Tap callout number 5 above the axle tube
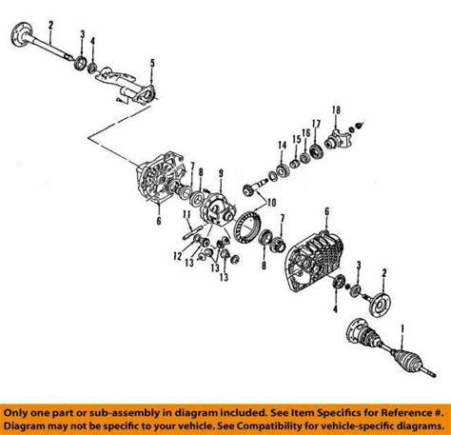[x=152, y=63]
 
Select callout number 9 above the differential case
[x=221, y=173]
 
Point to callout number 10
[x=271, y=202]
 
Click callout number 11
[x=186, y=215]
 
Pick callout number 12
[x=178, y=256]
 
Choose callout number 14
[x=283, y=146]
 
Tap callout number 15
[x=296, y=139]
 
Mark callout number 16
[x=305, y=133]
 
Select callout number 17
[x=316, y=124]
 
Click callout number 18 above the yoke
[x=336, y=110]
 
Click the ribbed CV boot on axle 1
[x=407, y=359]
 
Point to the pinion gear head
[x=249, y=190]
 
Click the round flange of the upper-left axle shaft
[x=22, y=35]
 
